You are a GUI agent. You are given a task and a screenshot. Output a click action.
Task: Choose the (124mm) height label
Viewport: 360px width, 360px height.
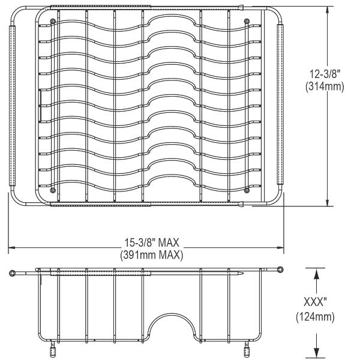click(x=316, y=315)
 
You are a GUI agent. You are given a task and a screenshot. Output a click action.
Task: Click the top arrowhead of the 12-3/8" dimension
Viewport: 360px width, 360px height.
click(x=328, y=10)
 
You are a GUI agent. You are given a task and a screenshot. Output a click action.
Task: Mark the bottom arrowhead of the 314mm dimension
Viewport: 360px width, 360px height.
click(x=328, y=202)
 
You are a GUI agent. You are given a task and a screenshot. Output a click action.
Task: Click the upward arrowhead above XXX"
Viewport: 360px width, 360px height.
click(x=316, y=274)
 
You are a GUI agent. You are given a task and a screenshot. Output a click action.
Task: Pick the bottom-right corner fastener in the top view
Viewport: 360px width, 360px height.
click(x=247, y=190)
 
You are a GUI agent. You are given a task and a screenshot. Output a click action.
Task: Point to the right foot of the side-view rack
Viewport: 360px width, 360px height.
click(x=247, y=349)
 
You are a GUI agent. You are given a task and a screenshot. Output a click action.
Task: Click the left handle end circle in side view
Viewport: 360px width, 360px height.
click(x=13, y=274)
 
